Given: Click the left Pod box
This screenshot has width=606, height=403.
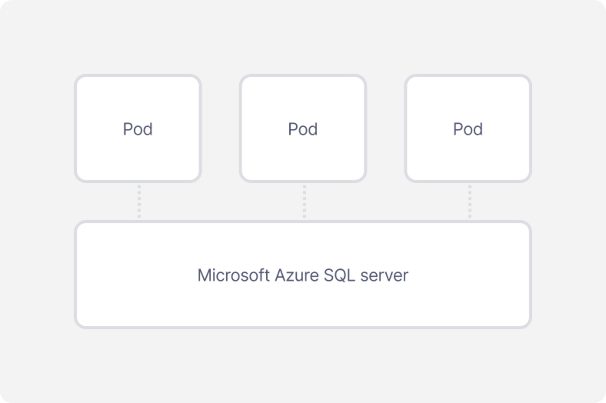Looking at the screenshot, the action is [138, 128].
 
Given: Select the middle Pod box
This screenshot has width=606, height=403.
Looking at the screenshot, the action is [303, 128].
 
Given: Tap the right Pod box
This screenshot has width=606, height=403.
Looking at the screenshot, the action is [468, 128].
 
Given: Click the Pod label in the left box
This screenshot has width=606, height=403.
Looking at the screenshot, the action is [138, 129].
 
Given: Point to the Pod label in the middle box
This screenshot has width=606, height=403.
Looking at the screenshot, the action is [303, 129].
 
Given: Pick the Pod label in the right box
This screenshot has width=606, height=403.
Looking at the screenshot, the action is [468, 129].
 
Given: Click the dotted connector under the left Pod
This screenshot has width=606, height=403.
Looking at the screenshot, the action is [139, 201].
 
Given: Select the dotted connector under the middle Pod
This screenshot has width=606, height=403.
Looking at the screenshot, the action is [304, 201].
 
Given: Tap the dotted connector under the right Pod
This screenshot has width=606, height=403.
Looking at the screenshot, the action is [470, 201].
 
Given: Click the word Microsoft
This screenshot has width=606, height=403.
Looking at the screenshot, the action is [234, 275].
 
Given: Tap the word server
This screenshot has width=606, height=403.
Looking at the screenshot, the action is [384, 276].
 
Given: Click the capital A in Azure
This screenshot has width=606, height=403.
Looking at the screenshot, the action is [281, 275].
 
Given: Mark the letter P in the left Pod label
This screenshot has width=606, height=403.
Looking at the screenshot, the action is [127, 129].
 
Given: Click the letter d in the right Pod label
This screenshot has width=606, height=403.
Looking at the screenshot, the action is [478, 129].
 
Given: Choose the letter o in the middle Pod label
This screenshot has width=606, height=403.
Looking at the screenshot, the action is [302, 131].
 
